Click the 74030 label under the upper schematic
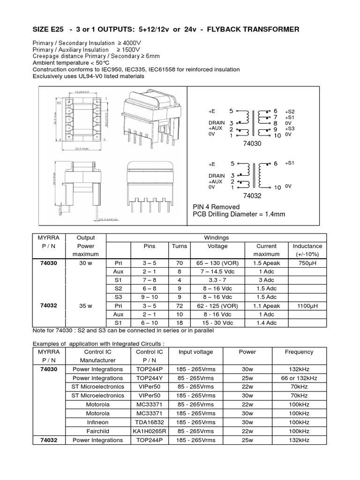251,144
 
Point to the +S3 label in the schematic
289,128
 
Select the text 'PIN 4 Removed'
216,207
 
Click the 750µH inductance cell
307,263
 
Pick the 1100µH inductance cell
307,306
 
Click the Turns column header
179,246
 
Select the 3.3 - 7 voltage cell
217,280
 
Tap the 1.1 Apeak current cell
267,306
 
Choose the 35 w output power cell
85,306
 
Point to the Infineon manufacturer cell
97,422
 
